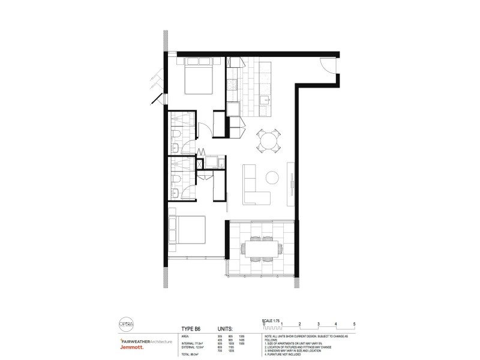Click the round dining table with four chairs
coord(269,141)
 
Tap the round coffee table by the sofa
coord(272,178)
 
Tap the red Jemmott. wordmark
coord(118,348)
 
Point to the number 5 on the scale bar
coord(355,323)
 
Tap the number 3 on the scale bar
coord(318,323)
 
